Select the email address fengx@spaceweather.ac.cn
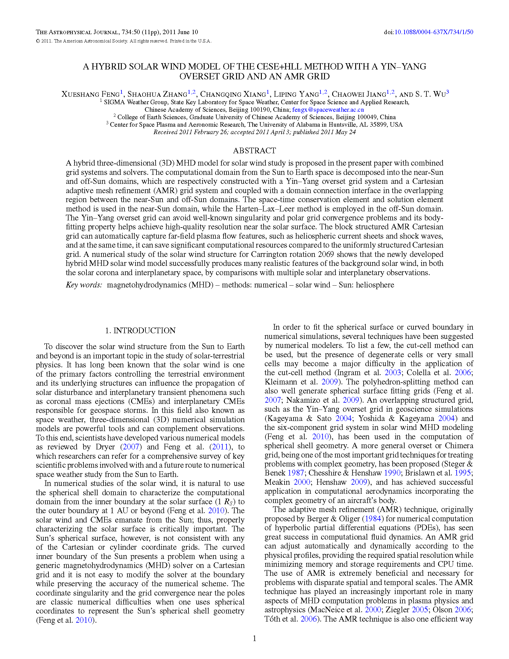point(328,110)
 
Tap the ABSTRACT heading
point(254,151)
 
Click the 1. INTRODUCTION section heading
point(140,331)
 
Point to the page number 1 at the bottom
point(254,638)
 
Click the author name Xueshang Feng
point(90,94)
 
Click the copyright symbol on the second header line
point(38,41)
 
